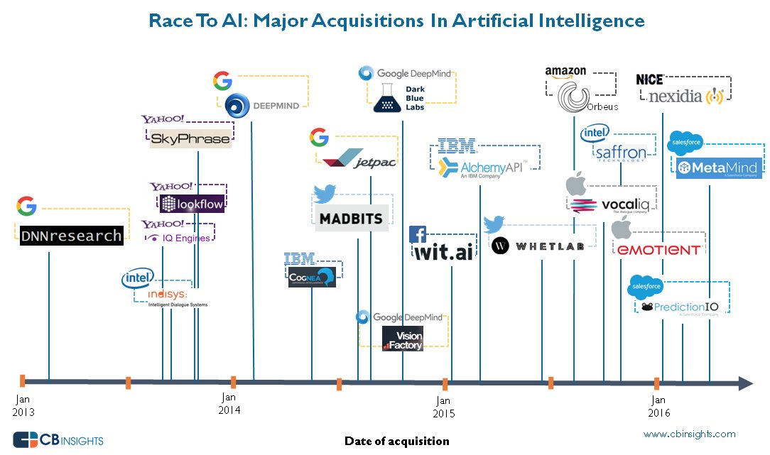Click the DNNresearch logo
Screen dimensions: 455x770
[69, 235]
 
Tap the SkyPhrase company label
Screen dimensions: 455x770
[190, 139]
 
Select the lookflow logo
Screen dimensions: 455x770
[192, 204]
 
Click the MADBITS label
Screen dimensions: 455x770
[350, 218]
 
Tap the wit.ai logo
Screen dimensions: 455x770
[443, 251]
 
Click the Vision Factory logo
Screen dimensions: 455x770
[403, 339]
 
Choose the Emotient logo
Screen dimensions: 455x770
[658, 249]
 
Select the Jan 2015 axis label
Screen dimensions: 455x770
[444, 407]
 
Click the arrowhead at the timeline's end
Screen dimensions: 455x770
[745, 384]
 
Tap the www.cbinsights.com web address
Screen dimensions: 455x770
[689, 434]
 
